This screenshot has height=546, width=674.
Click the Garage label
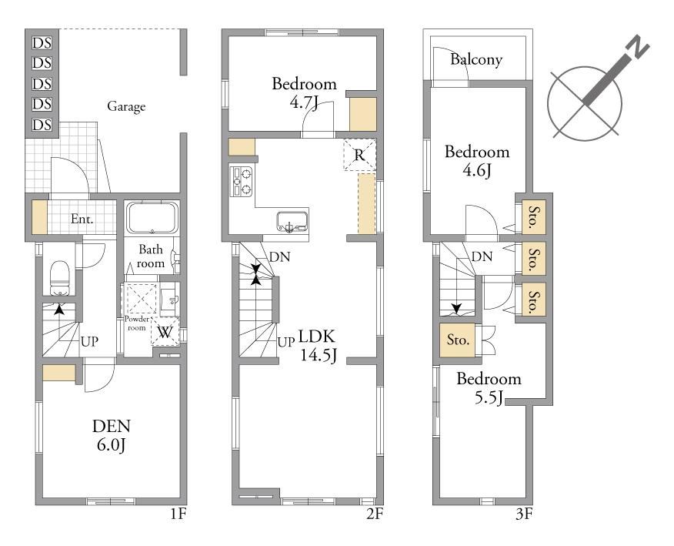[126, 106]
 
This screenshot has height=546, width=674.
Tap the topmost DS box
[42, 43]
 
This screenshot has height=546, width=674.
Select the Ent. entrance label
[82, 219]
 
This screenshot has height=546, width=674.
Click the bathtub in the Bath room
[152, 217]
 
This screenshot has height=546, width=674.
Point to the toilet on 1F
[60, 278]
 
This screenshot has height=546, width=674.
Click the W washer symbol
[165, 332]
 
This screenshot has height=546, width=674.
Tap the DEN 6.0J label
[112, 435]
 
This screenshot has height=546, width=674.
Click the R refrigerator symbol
[360, 155]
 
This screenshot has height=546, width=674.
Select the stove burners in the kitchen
[241, 181]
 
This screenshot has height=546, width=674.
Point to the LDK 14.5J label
[318, 346]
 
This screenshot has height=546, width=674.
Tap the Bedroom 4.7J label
[305, 92]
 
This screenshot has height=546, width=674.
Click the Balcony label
[476, 59]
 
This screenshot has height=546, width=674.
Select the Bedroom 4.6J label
[477, 161]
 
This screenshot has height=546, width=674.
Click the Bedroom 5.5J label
[489, 388]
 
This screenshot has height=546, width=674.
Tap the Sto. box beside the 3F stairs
[458, 340]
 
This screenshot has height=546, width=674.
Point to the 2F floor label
[375, 514]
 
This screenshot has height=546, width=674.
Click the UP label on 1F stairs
[90, 342]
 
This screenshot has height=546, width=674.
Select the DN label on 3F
[482, 257]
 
